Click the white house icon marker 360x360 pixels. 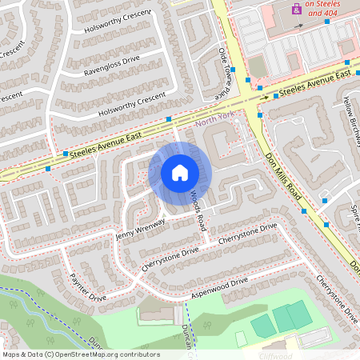[180, 173]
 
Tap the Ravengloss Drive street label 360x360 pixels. [112, 66]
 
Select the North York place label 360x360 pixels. [214, 118]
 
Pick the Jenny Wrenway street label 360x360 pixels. [141, 229]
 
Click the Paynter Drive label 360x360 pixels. [88, 284]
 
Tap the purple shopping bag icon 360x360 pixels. [297, 10]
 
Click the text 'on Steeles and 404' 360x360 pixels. [321, 8]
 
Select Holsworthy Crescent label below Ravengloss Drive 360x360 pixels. [131, 105]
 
